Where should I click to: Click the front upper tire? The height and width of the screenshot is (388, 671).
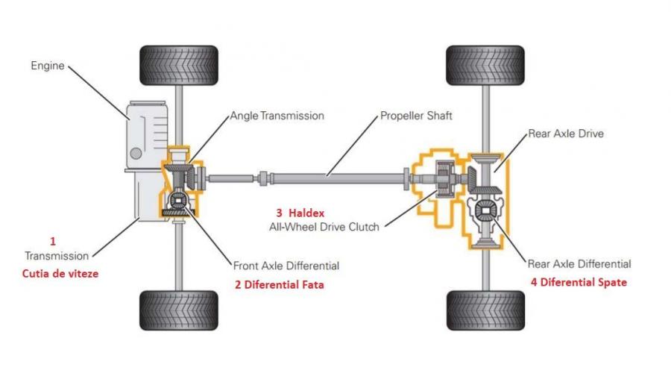pos(179,66)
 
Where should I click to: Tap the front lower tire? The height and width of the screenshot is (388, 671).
pos(179,310)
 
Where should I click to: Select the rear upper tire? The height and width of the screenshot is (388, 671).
pos(485,66)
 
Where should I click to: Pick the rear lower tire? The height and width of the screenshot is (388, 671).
pos(485,310)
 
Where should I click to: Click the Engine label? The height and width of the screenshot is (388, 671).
pos(47,66)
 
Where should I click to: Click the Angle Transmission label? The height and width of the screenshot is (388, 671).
pos(277,116)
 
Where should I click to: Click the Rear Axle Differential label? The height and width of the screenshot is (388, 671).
pos(579,263)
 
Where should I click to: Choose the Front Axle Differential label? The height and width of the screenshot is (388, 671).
pos(286,265)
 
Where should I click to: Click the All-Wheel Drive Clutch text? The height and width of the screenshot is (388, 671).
pos(324,226)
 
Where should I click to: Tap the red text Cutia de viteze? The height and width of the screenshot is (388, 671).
pos(59,273)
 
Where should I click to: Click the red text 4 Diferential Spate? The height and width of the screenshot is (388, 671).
pos(579,282)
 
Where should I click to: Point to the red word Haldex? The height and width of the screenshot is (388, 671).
pos(307,213)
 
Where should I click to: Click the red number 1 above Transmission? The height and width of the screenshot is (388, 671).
pos(53,241)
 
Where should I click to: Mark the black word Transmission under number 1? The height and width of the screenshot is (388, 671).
pos(57,256)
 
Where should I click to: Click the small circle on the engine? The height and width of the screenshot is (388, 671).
pos(136,153)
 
